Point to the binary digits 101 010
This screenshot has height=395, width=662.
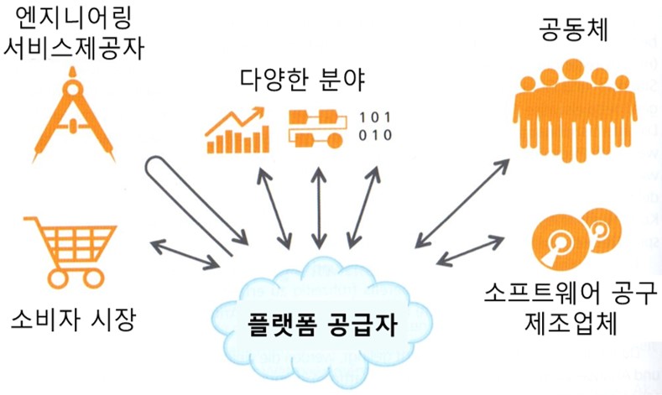375,126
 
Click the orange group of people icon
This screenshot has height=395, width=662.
575,111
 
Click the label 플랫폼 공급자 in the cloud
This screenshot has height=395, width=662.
321,324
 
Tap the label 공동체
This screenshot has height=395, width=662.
574,29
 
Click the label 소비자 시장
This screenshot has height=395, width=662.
73,320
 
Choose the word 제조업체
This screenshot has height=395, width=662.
571,323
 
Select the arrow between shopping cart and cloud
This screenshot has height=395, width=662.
185,254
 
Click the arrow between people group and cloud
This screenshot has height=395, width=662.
462,203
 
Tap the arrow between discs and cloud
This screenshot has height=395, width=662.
470,251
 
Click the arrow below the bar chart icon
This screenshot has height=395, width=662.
274,208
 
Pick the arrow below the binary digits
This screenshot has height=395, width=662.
364,208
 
